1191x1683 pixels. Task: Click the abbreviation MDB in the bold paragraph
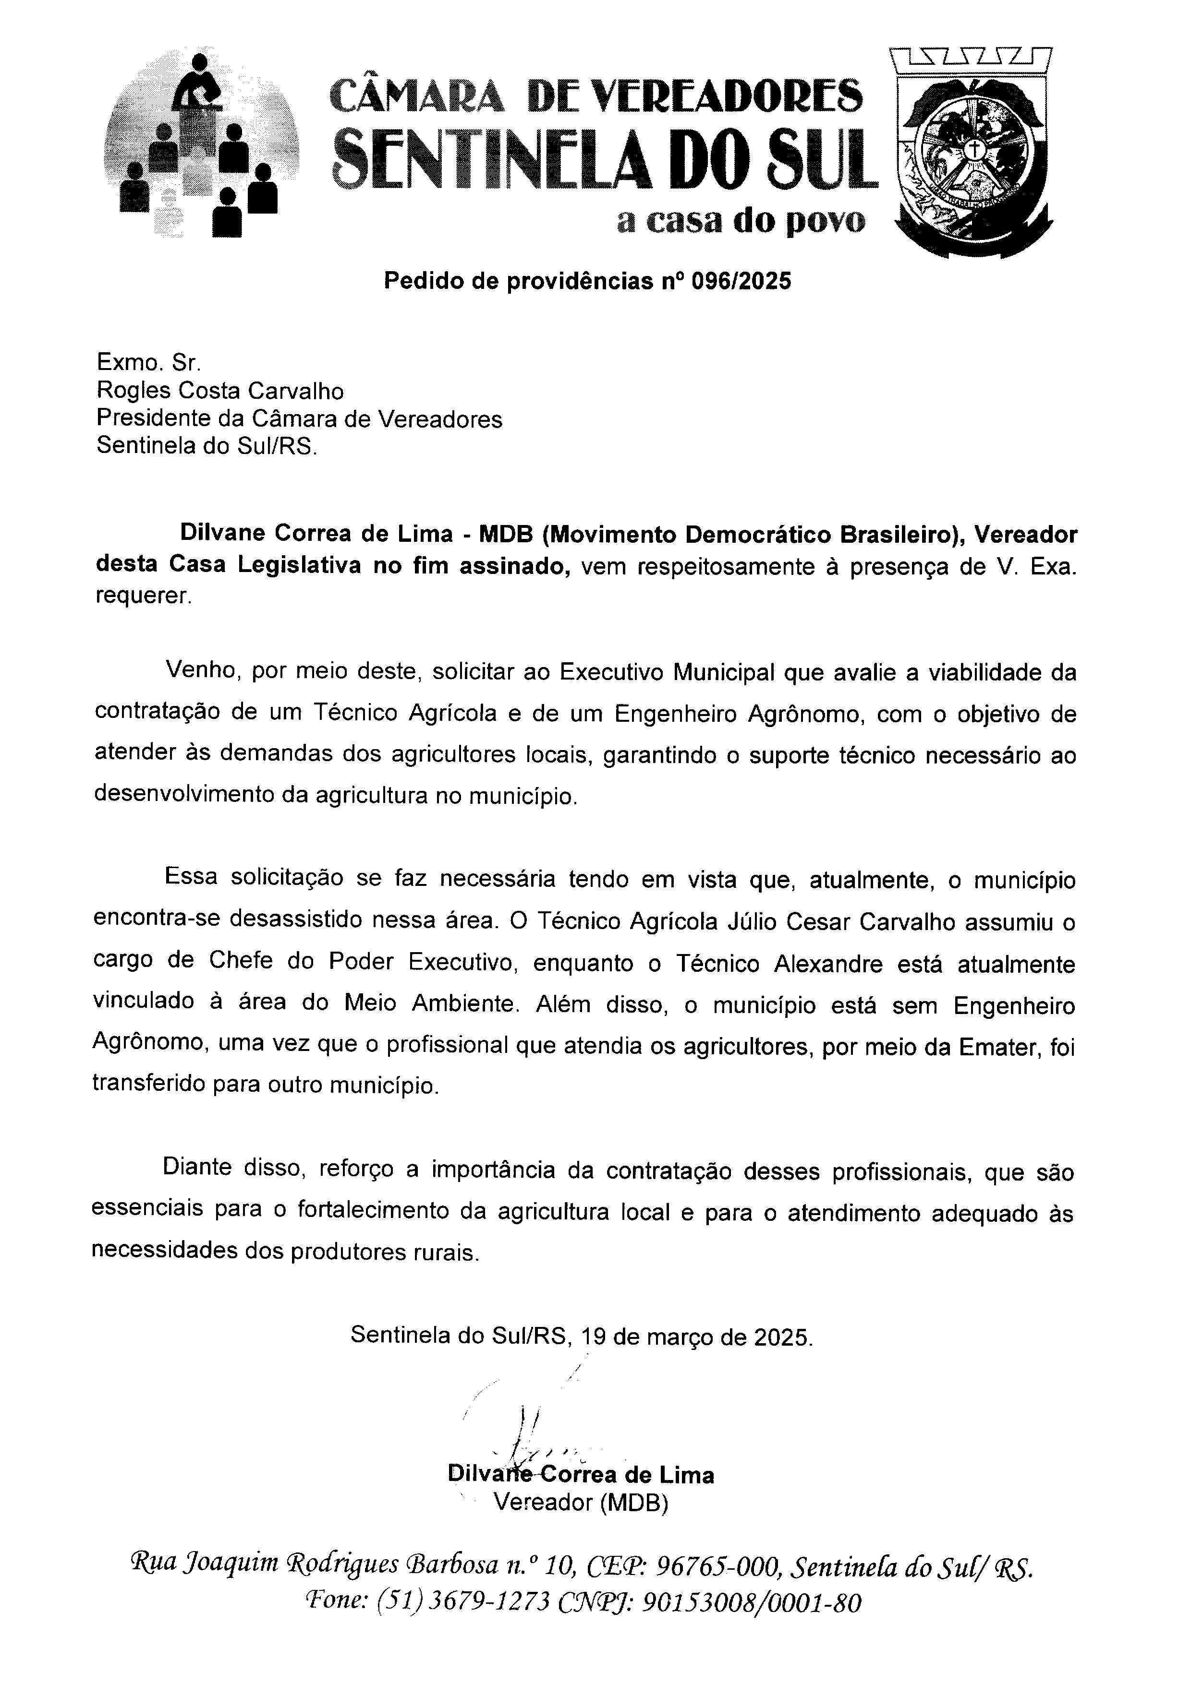[x=505, y=534]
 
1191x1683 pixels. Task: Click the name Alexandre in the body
[x=828, y=963]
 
